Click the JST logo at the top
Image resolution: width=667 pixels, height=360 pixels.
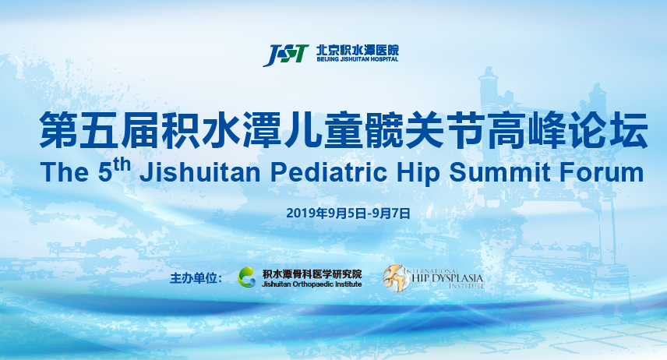(x=286, y=55)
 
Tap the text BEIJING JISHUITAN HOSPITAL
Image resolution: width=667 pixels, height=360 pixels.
(x=358, y=59)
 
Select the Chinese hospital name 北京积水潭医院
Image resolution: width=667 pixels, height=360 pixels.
(x=358, y=49)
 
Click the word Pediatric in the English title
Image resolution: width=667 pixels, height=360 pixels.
(x=329, y=173)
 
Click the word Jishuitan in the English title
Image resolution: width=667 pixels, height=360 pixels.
(x=200, y=173)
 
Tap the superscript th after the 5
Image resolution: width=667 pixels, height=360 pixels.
(x=122, y=164)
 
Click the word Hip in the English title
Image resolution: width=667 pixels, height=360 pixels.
(x=418, y=174)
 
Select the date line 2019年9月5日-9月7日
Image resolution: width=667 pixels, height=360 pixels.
(x=348, y=213)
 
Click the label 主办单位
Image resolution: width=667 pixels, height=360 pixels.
(x=196, y=278)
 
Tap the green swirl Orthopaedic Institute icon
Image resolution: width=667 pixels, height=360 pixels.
(x=247, y=277)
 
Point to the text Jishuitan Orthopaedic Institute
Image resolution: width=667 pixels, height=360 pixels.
(x=312, y=284)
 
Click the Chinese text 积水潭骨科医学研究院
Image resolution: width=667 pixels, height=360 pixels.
(x=312, y=274)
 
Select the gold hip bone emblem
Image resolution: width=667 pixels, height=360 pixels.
(x=395, y=277)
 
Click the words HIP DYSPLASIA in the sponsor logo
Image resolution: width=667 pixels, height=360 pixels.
(x=447, y=278)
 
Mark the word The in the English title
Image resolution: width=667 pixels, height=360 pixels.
(x=65, y=173)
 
